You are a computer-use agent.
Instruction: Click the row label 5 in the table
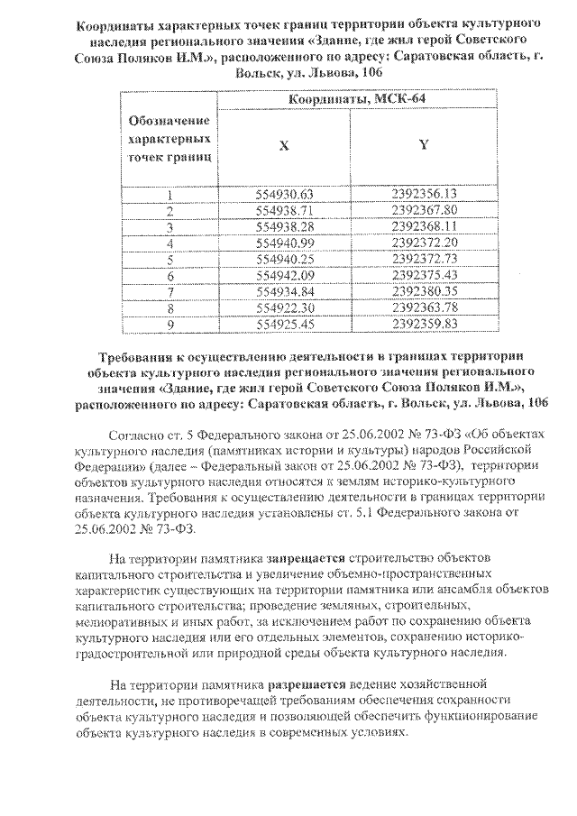point(169,259)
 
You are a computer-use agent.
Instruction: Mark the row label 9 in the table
point(169,323)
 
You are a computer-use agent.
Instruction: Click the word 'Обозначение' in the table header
point(169,120)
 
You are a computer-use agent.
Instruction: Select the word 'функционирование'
point(463,716)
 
